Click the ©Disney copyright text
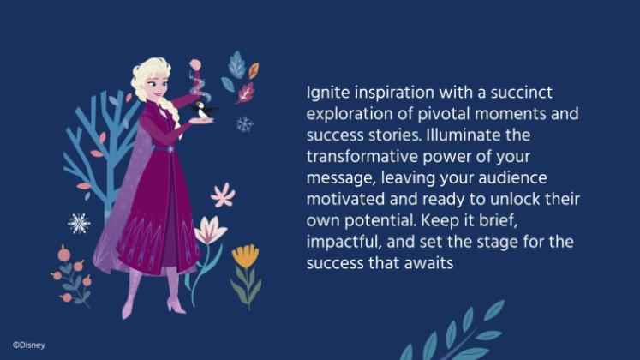click(x=28, y=345)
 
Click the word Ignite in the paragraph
click(x=328, y=93)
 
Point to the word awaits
click(x=428, y=263)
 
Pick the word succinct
click(x=521, y=93)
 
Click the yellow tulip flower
click(x=245, y=256)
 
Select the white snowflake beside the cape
click(x=79, y=223)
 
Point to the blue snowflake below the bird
click(x=244, y=124)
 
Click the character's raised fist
click(x=195, y=64)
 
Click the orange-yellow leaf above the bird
click(x=254, y=70)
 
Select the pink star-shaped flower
click(x=223, y=195)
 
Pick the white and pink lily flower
click(x=210, y=231)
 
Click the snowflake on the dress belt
click(x=170, y=149)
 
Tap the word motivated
click(x=345, y=200)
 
